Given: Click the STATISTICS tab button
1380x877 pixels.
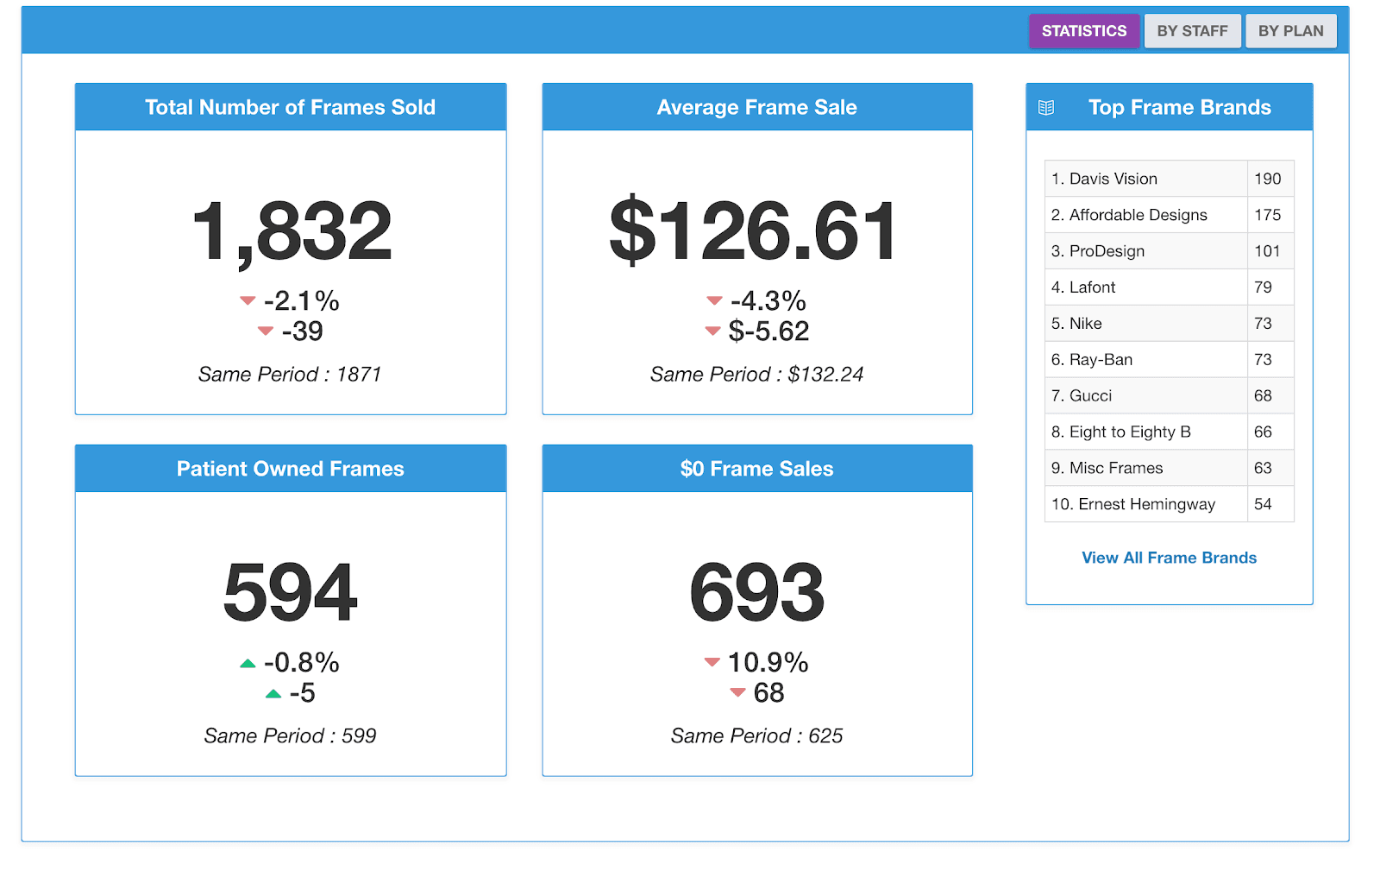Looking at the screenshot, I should tap(1083, 31).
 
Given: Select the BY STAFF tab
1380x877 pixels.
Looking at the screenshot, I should tap(1192, 31).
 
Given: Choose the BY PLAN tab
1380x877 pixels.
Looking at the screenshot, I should tap(1290, 31).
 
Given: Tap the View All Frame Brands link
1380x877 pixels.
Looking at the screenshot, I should tap(1169, 558).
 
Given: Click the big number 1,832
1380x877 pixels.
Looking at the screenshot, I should tap(292, 231).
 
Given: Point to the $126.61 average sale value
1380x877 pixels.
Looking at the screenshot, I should tap(754, 231).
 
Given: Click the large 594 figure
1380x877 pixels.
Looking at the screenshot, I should tap(290, 593).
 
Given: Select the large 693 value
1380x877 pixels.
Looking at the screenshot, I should tap(756, 593).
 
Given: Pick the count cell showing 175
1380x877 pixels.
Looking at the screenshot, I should tap(1267, 215).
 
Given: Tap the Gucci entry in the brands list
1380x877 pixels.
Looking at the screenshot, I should tap(1090, 395).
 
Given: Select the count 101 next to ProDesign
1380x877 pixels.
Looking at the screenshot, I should tap(1267, 251).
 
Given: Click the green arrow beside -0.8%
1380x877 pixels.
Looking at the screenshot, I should tap(248, 663).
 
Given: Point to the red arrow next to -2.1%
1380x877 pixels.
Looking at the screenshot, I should tap(248, 300).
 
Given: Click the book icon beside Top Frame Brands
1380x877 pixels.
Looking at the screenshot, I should tap(1046, 108).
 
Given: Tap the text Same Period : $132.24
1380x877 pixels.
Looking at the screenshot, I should tap(756, 374).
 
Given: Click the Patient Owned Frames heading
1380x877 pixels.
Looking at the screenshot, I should tap(290, 469).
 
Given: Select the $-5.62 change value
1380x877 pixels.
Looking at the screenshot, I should tap(768, 331).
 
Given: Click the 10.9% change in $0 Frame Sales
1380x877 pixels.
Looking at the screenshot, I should tap(768, 662).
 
